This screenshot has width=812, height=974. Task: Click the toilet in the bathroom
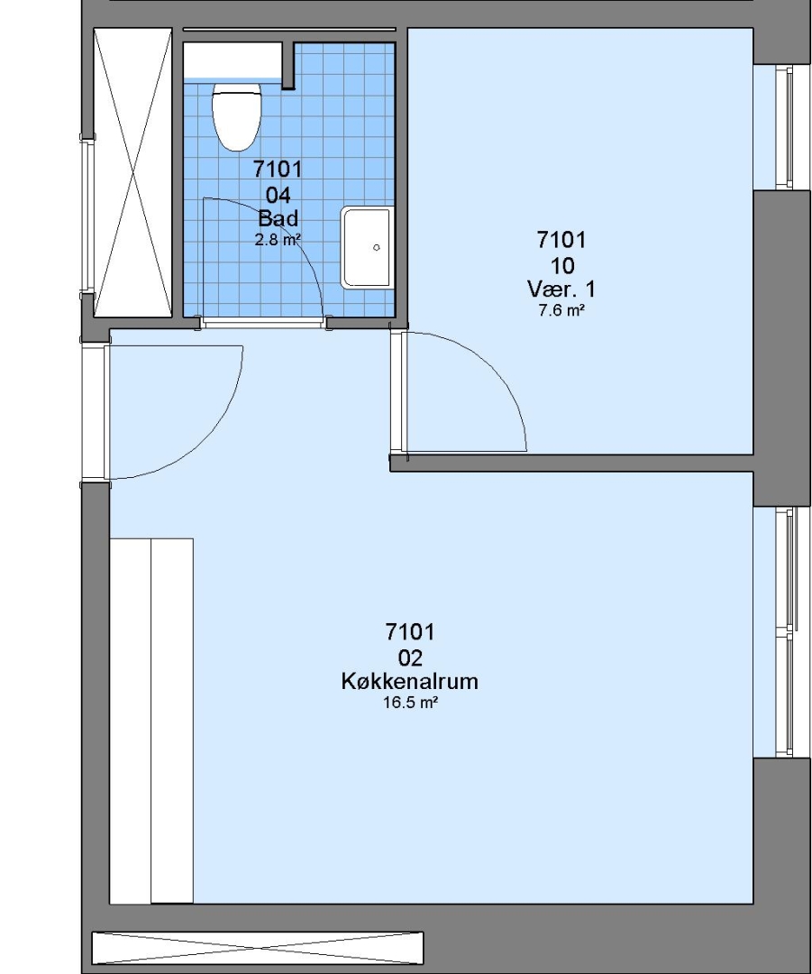[x=236, y=116]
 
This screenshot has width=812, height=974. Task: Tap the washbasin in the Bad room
[x=367, y=248]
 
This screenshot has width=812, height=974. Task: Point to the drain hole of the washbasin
[x=376, y=247]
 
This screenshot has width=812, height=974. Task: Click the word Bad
[x=278, y=218]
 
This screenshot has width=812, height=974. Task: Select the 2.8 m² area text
[x=278, y=239]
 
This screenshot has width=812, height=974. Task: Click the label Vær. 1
[x=561, y=289]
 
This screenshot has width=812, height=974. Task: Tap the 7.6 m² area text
[x=561, y=310]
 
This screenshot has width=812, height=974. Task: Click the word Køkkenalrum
[x=410, y=682]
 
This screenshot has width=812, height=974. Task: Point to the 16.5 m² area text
[x=410, y=703]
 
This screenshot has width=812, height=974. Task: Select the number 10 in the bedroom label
[x=562, y=266]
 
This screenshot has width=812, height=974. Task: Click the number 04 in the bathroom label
[x=278, y=196]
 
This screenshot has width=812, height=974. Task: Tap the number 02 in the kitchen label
[x=410, y=657]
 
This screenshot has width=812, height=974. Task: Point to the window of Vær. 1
[x=784, y=127]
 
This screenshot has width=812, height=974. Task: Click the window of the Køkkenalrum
[x=785, y=631]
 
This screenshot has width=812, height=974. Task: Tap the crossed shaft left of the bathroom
[x=132, y=172]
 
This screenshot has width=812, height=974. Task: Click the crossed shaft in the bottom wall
[x=258, y=948]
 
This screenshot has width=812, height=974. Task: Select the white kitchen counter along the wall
[x=151, y=721]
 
